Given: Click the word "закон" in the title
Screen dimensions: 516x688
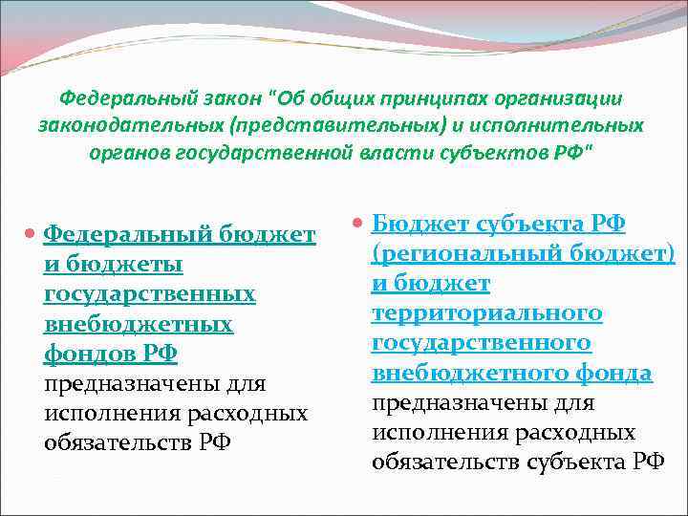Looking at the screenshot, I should pos(231,97).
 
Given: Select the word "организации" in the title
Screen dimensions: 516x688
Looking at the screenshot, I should pos(561,97).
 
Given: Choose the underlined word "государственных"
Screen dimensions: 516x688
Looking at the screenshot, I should pos(150,294).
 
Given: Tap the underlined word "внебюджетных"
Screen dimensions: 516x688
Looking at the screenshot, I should pos(139,324).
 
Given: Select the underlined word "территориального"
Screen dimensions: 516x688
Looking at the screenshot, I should pos(487,313).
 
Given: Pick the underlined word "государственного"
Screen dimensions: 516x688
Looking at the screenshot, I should pos(482,343).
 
